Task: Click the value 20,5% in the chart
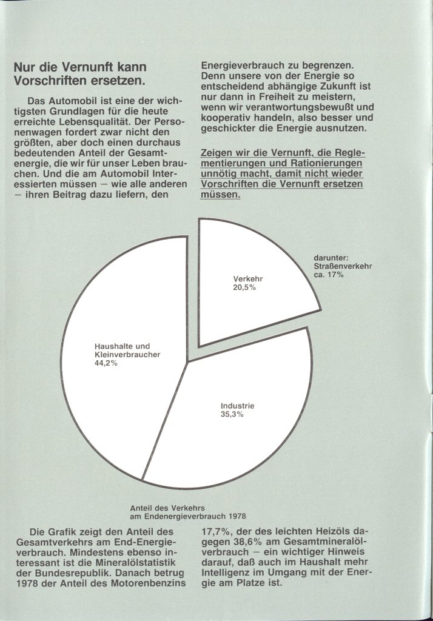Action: click(x=244, y=287)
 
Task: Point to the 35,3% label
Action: click(x=232, y=414)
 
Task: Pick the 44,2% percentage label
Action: click(x=106, y=363)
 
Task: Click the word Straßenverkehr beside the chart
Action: click(x=343, y=266)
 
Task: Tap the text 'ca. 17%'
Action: click(x=329, y=275)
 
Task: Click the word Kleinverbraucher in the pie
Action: click(x=127, y=355)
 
